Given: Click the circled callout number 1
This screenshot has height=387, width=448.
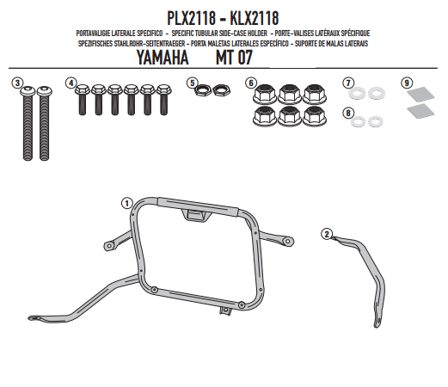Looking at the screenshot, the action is [x=126, y=203].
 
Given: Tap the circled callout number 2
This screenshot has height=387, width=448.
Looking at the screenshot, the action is [x=327, y=234].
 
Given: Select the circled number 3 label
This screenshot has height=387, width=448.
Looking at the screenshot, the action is [x=17, y=83].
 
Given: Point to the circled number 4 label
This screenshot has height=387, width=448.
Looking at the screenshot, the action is [x=71, y=83].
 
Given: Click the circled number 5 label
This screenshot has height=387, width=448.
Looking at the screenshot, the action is [x=192, y=83].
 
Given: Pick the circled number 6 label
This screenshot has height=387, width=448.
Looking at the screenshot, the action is [x=251, y=83].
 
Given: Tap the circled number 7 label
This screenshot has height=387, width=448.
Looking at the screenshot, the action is [x=348, y=83].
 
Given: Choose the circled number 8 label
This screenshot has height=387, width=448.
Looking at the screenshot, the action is [x=348, y=113].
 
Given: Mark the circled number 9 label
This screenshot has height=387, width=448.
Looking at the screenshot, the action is [x=407, y=83].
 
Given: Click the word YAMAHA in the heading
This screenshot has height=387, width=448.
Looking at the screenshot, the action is [x=163, y=58].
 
